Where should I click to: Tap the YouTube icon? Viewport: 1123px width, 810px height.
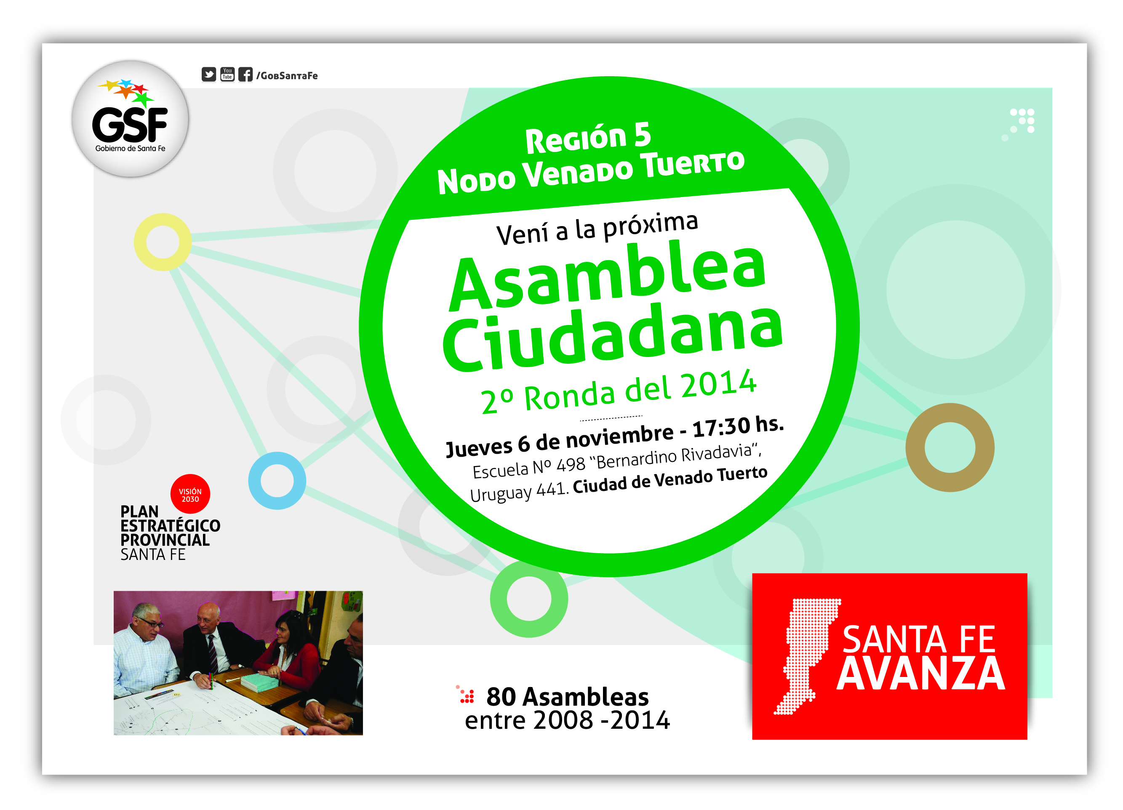227,74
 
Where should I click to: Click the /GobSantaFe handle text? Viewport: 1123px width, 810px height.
287,76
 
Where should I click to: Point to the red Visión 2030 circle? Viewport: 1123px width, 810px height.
190,494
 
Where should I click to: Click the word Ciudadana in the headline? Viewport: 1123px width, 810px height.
613,337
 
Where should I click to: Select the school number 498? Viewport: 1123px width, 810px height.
571,464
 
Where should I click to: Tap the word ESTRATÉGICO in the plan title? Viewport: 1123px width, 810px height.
171,526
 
